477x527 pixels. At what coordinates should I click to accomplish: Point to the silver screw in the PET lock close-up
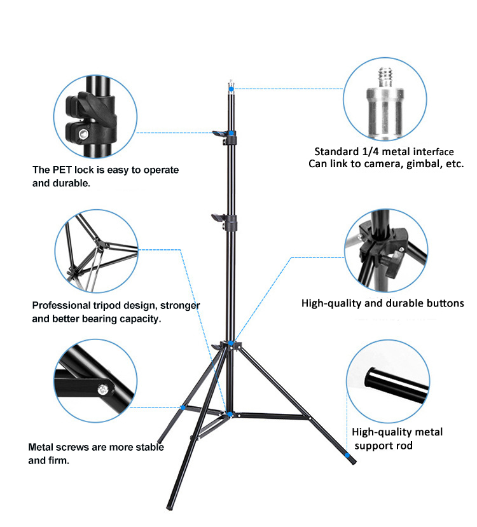[83, 133]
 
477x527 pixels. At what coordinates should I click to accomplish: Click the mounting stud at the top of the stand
[230, 83]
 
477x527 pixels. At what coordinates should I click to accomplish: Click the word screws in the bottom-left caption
[74, 447]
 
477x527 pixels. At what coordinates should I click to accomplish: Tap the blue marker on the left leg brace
[183, 407]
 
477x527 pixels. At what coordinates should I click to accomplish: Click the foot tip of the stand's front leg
[169, 508]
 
